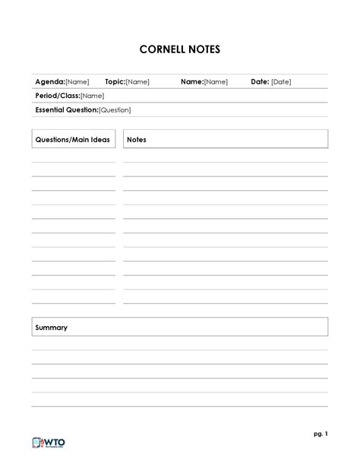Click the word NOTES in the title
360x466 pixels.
click(x=203, y=50)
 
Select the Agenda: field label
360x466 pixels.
click(x=50, y=82)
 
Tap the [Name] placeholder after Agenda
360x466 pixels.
click(x=77, y=82)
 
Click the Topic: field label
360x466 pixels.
click(x=115, y=82)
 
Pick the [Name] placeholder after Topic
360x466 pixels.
click(x=137, y=82)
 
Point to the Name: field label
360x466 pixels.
click(x=191, y=82)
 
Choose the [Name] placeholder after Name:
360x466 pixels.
click(x=216, y=82)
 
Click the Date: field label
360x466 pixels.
click(x=260, y=82)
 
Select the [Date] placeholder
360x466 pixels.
click(x=281, y=82)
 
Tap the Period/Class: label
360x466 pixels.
click(x=58, y=96)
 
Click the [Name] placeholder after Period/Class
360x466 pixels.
click(x=92, y=96)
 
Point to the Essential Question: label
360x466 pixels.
click(x=67, y=110)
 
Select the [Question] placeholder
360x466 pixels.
click(x=115, y=110)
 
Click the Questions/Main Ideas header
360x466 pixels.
click(x=72, y=140)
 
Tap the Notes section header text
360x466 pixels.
click(x=137, y=140)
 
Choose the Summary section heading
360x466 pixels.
click(x=52, y=328)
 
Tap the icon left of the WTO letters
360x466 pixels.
click(x=39, y=444)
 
